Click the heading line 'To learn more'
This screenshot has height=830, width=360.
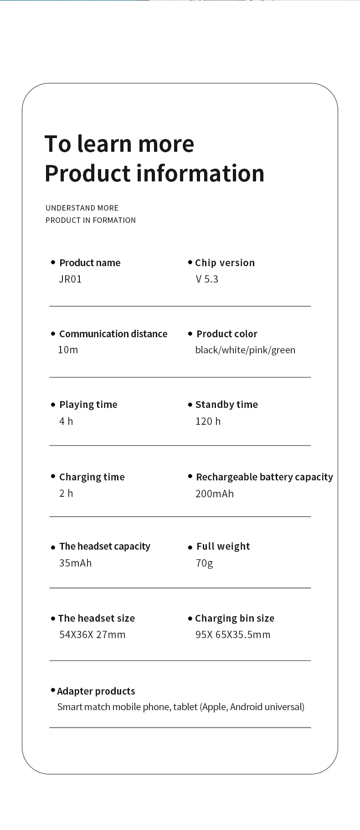pyautogui.click(x=119, y=144)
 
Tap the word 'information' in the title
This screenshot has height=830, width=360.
pyautogui.click(x=201, y=173)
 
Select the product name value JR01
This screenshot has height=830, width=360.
pyautogui.click(x=70, y=279)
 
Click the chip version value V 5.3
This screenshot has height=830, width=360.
pyautogui.click(x=207, y=279)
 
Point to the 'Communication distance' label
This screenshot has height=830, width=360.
pyautogui.click(x=113, y=334)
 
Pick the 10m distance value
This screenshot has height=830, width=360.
pyautogui.click(x=68, y=350)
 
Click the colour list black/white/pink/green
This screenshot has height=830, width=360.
pyautogui.click(x=245, y=350)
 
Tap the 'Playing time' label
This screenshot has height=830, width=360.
pyautogui.click(x=88, y=405)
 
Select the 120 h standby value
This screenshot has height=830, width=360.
pyautogui.click(x=208, y=421)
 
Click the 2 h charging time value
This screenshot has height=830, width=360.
pyautogui.click(x=66, y=493)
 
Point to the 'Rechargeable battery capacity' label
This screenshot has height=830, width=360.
pyautogui.click(x=264, y=477)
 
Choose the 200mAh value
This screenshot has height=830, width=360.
pyautogui.click(x=215, y=494)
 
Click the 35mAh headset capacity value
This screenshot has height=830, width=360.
pyautogui.click(x=75, y=563)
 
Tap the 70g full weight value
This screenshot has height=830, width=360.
pyautogui.click(x=204, y=563)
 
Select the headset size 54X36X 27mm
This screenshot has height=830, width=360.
pyautogui.click(x=92, y=634)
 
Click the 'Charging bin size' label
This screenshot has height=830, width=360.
pyautogui.click(x=235, y=619)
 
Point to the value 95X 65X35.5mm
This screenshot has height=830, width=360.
pyautogui.click(x=233, y=634)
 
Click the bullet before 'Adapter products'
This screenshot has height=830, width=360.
pyautogui.click(x=53, y=691)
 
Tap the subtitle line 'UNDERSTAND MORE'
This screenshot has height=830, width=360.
pyautogui.click(x=82, y=208)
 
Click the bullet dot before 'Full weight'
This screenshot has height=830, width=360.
pyautogui.click(x=190, y=547)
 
